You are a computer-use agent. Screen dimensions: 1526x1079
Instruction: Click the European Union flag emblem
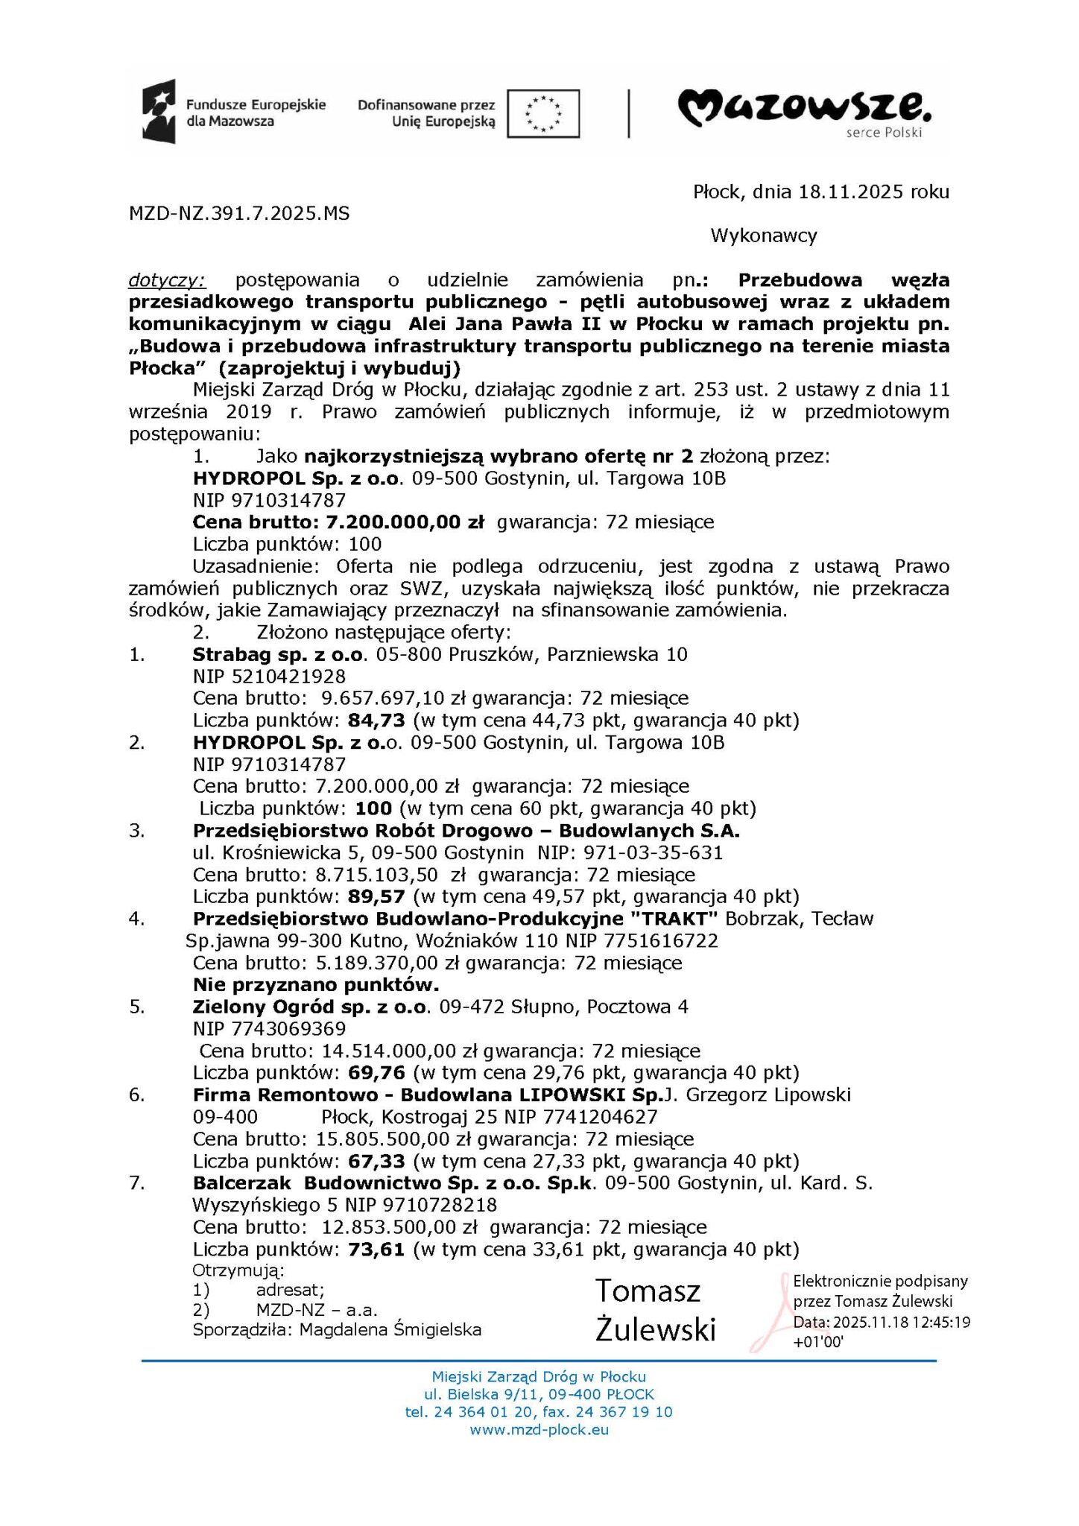pos(543,114)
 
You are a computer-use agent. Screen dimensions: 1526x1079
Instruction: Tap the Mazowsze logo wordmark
pos(804,109)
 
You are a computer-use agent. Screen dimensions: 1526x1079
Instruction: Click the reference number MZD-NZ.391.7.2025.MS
pos(239,214)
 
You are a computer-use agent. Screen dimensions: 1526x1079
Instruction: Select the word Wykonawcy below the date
pos(764,235)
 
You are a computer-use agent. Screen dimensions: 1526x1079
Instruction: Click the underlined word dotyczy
pos(167,280)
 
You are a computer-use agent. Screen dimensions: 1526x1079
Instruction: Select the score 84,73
pos(376,721)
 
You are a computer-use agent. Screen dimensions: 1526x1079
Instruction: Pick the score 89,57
pos(376,896)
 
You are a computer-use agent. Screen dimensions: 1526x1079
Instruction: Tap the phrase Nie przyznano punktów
pos(316,985)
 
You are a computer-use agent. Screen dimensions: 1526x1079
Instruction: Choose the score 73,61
pos(376,1250)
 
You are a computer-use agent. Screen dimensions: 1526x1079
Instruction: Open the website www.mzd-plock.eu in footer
pos(539,1430)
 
